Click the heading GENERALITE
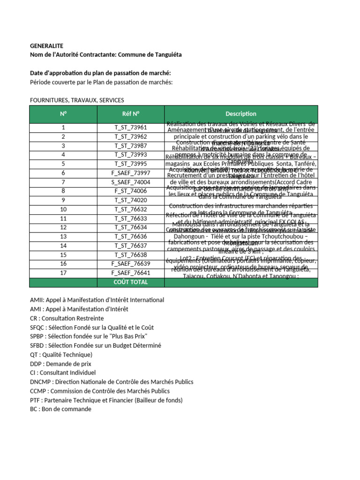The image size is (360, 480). click(46, 46)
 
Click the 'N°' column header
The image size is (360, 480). click(63, 114)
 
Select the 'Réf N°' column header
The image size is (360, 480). click(130, 114)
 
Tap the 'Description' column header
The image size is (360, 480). click(240, 114)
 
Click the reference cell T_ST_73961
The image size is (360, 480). click(130, 127)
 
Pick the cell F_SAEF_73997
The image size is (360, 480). click(130, 173)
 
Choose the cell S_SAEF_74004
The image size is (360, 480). click(130, 182)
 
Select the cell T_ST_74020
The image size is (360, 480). click(130, 200)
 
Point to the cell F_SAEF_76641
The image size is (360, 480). click(130, 273)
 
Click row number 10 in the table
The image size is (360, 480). click(63, 209)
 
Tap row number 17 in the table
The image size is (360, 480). click(63, 273)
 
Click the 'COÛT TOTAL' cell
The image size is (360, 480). click(130, 282)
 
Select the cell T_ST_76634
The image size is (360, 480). click(130, 227)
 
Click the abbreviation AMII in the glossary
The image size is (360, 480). click(37, 300)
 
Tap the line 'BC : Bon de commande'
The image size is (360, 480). click(60, 409)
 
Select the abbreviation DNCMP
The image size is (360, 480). click(41, 382)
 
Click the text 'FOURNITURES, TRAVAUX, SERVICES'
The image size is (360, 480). click(77, 100)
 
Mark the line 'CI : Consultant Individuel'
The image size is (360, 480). click(63, 373)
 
